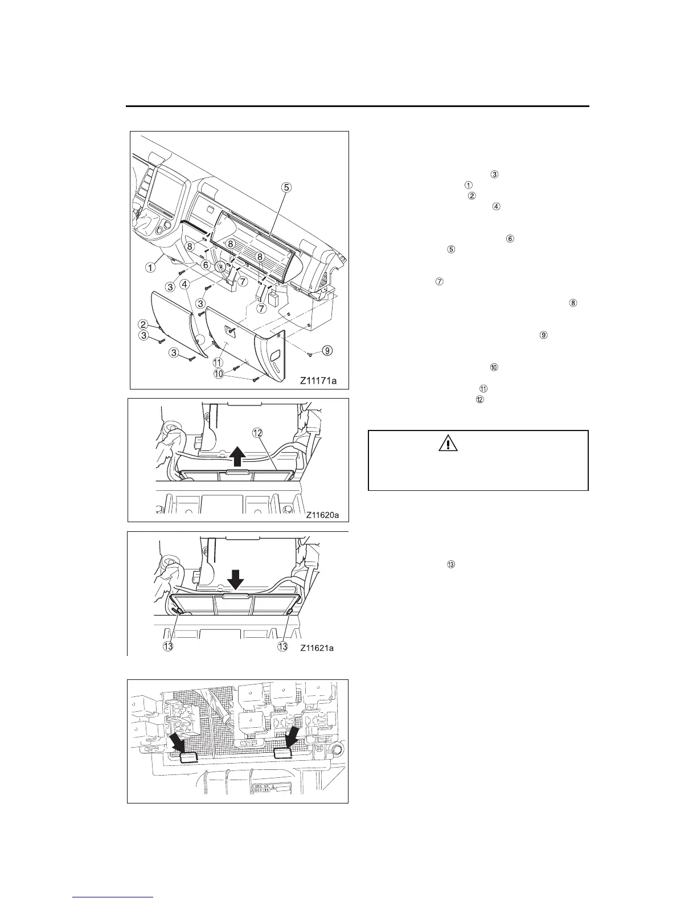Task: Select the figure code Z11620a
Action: pos(322,515)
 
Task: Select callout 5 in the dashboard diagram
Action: pos(287,186)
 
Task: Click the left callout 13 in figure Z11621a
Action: pos(169,647)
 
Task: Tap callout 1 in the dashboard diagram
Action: pos(150,266)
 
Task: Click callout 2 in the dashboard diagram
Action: pos(144,324)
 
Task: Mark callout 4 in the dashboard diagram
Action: pos(184,283)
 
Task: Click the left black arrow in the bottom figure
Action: pos(177,742)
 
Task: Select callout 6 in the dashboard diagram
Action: pos(206,265)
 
